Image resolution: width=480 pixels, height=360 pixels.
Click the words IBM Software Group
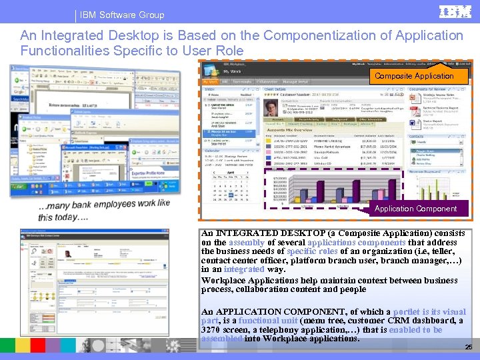(x=122, y=15)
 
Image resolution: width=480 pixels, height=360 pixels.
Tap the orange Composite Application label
(x=414, y=76)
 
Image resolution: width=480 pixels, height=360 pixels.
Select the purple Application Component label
(x=415, y=209)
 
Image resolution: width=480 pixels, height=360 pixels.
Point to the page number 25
(x=467, y=347)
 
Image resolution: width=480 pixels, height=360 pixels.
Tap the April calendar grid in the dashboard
(x=231, y=187)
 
